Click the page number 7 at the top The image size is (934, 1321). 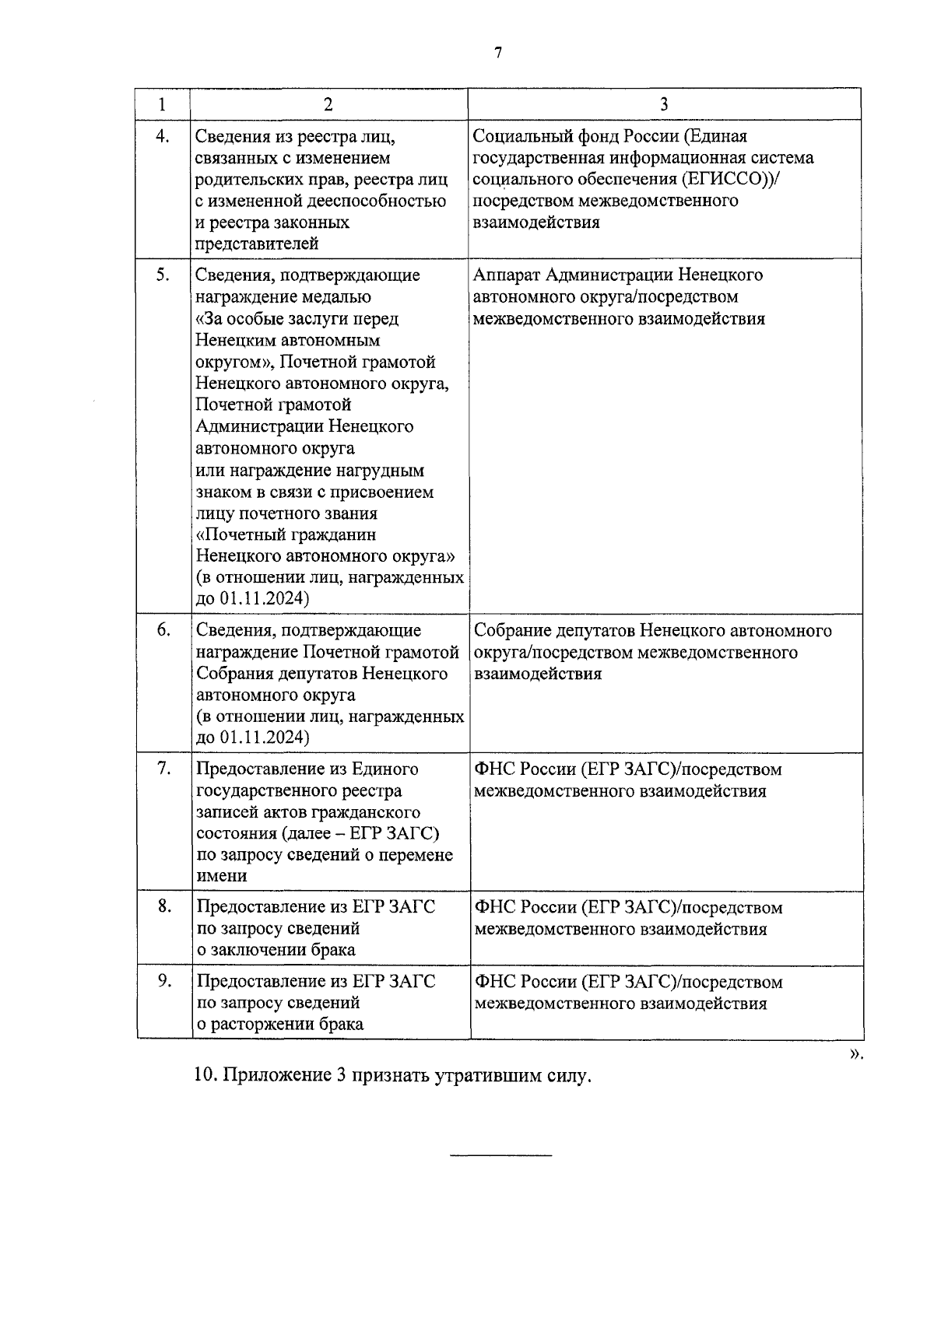(x=497, y=53)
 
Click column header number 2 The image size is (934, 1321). (x=328, y=104)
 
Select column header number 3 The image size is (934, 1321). (x=664, y=104)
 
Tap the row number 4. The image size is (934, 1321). (x=163, y=136)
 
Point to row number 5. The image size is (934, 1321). (x=163, y=275)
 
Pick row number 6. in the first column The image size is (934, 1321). (x=163, y=629)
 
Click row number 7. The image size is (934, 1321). (x=163, y=769)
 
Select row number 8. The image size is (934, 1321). (x=164, y=906)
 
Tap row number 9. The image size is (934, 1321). (x=164, y=980)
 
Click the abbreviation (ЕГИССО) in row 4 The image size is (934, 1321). (x=728, y=179)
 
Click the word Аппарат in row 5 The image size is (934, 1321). (x=506, y=275)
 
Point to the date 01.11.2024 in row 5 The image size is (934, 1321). (x=264, y=598)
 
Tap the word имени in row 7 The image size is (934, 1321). (x=222, y=876)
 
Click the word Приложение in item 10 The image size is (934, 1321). (x=276, y=1077)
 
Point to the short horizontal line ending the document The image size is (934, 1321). (x=501, y=1155)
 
